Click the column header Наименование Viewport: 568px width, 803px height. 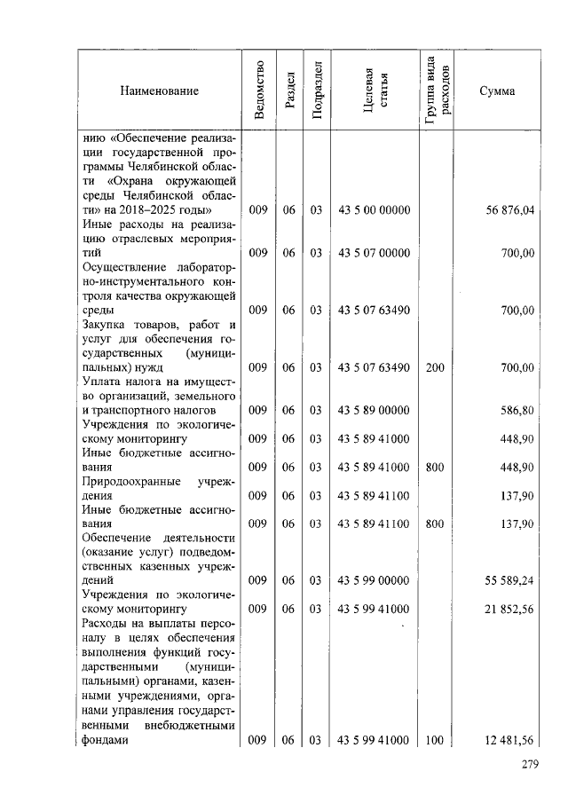point(161,91)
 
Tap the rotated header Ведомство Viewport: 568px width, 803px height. point(258,91)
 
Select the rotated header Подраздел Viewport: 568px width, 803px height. point(317,91)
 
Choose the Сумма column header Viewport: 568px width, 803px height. point(498,91)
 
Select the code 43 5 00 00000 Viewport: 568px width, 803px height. point(374,210)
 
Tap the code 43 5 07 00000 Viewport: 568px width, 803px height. point(374,254)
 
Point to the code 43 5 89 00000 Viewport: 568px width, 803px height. point(374,411)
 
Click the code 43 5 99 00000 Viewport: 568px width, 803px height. point(374,581)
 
